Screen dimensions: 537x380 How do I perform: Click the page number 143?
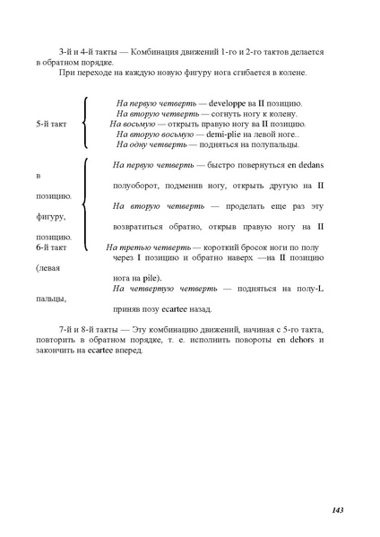pos(337,510)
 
